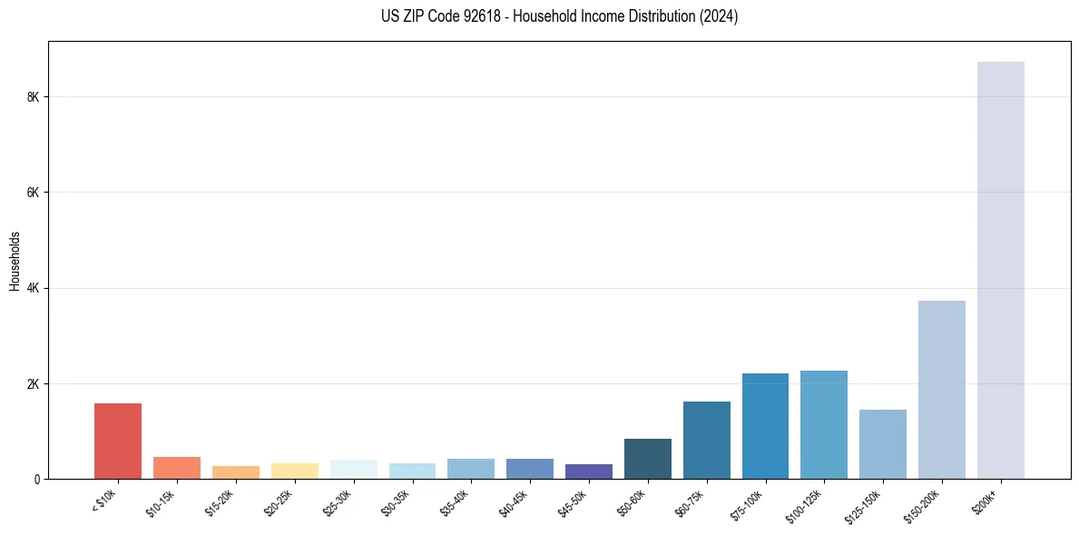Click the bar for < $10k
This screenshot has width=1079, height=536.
(118, 442)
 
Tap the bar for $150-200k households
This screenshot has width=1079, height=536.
(941, 390)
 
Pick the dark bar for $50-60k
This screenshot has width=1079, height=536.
(648, 459)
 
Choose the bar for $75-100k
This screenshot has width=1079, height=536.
(765, 426)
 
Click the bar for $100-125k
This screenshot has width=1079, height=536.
(824, 425)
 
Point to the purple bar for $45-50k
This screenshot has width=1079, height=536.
(589, 471)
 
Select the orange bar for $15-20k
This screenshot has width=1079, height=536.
(236, 472)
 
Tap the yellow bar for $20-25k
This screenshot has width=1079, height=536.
(295, 471)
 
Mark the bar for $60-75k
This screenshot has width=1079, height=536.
(706, 441)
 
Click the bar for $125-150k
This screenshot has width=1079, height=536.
(883, 444)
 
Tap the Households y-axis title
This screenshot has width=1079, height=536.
(15, 261)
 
